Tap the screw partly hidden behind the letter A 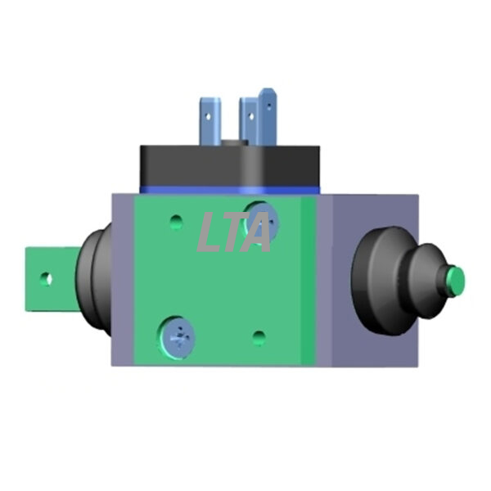(263, 221)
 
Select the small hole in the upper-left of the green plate (176, 222)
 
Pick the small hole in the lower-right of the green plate (259, 337)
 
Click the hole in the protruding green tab (47, 279)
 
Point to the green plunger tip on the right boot (456, 281)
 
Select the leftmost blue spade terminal (210, 121)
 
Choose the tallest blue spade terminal (266, 116)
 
